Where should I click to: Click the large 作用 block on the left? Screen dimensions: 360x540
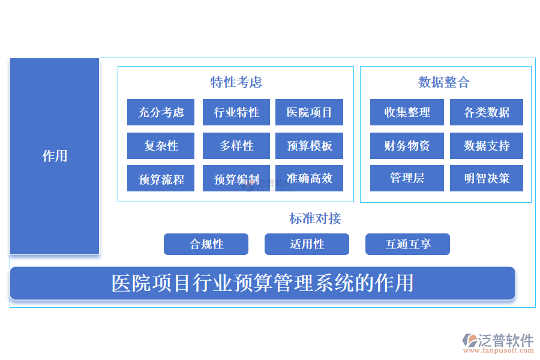(55, 156)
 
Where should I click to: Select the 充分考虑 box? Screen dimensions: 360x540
(161, 112)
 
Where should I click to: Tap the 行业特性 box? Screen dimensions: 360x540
(236, 112)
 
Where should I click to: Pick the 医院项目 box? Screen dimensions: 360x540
(309, 112)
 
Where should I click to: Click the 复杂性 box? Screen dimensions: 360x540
(161, 146)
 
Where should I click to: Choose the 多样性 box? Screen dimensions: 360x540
(236, 146)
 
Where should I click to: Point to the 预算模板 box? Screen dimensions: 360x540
(309, 146)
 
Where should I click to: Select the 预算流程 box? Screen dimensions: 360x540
(161, 179)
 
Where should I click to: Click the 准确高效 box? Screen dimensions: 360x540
(309, 178)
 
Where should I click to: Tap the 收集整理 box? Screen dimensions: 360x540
(407, 112)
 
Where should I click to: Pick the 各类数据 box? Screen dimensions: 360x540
(487, 112)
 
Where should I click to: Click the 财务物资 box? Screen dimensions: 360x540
(407, 146)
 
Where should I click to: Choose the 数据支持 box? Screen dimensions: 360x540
(487, 146)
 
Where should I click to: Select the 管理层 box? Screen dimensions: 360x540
(407, 178)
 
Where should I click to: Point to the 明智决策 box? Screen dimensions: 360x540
(487, 178)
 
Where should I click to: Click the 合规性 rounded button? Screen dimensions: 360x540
(206, 244)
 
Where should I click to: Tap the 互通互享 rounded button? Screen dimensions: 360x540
(407, 244)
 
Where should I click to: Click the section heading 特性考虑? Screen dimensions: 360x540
(236, 82)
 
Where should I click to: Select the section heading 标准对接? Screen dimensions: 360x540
(315, 218)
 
